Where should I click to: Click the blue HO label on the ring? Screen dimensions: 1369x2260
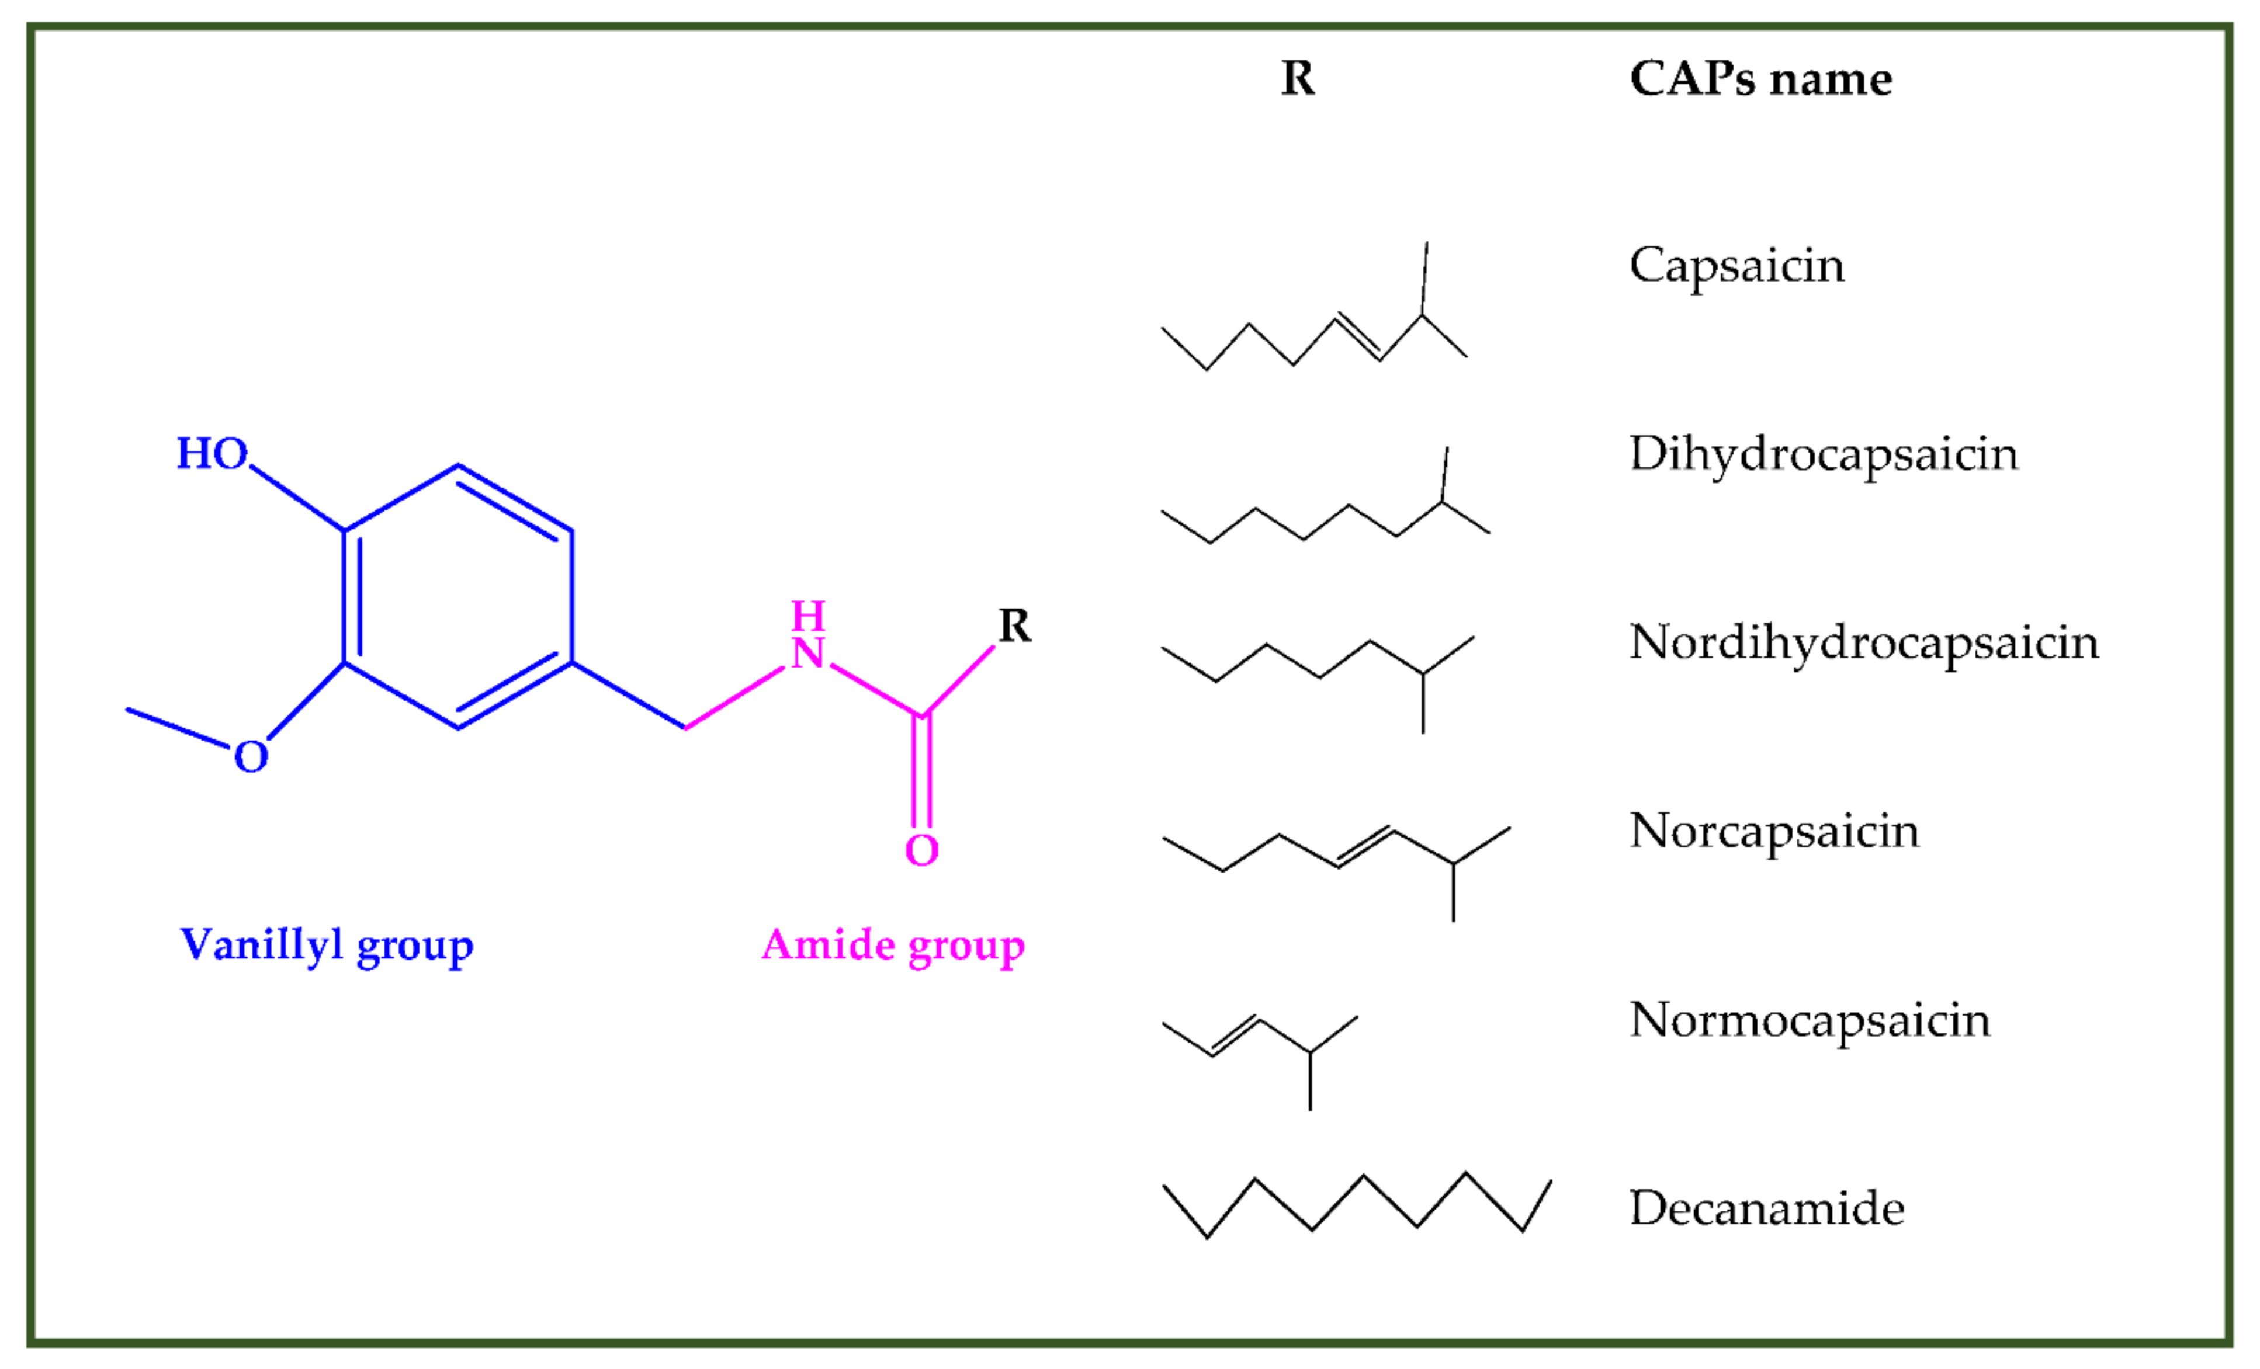coord(212,454)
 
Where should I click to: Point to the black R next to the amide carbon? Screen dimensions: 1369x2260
coord(1014,626)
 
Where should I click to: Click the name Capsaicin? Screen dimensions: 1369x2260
coord(1736,266)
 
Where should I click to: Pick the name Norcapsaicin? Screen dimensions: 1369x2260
coord(1774,831)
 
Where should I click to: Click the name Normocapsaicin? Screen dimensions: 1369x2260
coord(1810,1020)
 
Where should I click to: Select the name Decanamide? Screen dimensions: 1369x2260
coord(1766,1208)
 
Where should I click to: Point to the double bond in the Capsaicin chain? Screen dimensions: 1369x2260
coord(1358,338)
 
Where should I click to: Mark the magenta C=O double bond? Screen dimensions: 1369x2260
coord(922,770)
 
